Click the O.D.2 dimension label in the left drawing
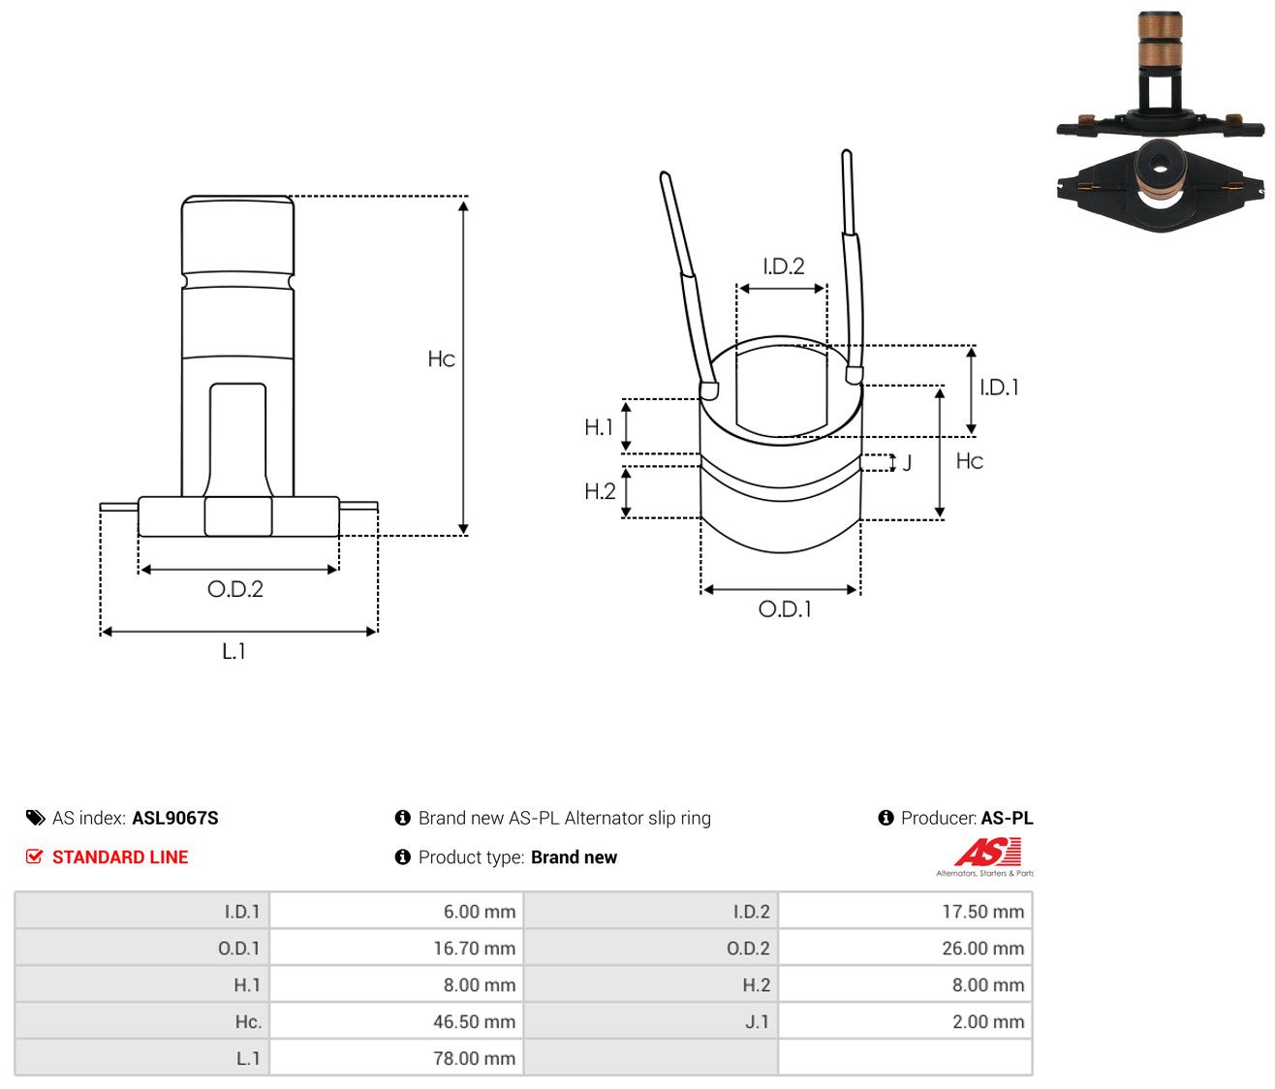[235, 589]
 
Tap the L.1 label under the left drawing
[233, 651]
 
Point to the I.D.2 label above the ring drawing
[784, 265]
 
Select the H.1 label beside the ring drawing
[599, 427]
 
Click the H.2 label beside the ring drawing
[600, 491]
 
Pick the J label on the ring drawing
[907, 463]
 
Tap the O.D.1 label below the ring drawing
[785, 609]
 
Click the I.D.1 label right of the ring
[999, 388]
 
